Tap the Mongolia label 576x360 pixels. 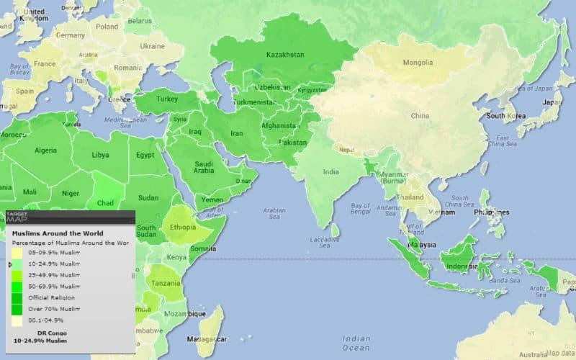418,62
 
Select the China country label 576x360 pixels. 420,115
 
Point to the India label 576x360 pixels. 330,172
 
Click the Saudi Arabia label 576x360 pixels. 204,168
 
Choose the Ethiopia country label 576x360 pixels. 183,228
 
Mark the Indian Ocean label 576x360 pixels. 357,343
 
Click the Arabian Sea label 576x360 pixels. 274,213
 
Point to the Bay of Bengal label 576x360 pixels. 361,210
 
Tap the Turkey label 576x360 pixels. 167,99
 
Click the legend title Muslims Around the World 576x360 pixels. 58,233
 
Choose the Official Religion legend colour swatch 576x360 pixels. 16,297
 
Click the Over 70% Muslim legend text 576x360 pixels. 54,308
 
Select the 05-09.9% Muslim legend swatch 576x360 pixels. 16,253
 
